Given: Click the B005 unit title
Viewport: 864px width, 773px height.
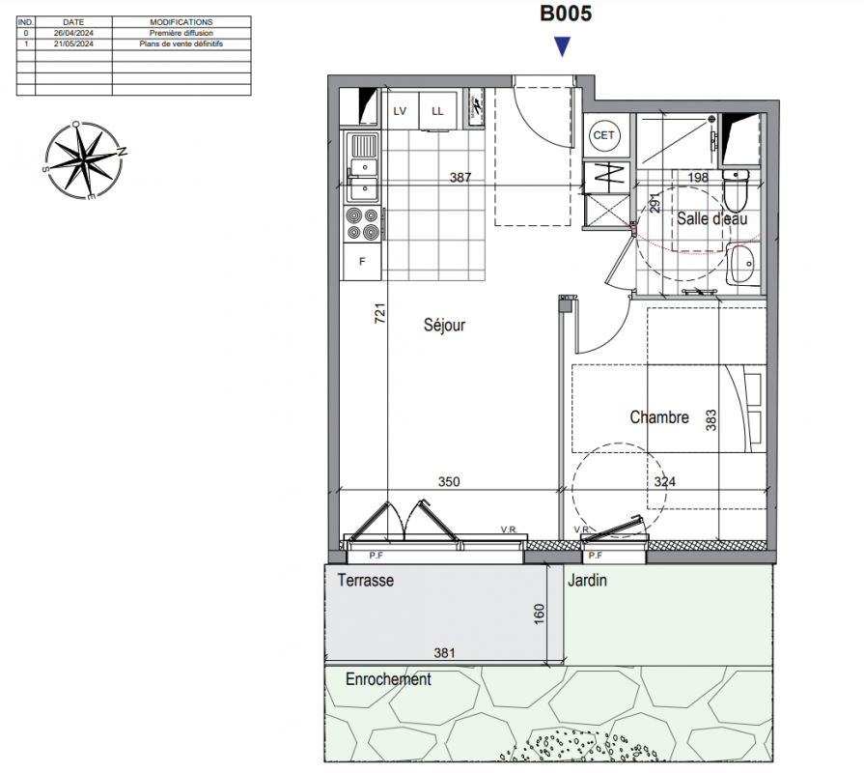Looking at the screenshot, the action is click(566, 14).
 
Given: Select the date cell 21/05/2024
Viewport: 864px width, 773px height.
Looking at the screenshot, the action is click(73, 43).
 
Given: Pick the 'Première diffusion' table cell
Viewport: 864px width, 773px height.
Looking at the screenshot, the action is click(181, 33).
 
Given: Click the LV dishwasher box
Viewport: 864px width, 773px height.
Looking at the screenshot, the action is click(400, 111).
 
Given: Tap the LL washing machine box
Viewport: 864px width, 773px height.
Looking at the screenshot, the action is click(437, 111).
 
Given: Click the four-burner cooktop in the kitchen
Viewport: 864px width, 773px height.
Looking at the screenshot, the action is click(362, 223).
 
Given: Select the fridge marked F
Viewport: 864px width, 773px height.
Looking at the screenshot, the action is click(362, 261).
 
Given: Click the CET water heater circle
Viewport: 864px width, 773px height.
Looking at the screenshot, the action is click(604, 135).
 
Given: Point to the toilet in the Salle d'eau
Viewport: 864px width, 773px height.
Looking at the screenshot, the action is click(736, 189).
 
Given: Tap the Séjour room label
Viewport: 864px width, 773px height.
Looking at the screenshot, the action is click(444, 325).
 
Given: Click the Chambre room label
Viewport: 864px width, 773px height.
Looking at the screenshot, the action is click(659, 416).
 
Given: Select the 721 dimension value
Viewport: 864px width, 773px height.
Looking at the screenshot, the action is click(379, 313).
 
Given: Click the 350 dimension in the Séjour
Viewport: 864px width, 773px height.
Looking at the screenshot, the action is click(449, 481).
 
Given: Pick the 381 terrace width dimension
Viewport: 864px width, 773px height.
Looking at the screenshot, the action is click(444, 653).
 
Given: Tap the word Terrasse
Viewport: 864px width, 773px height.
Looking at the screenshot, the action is click(365, 580).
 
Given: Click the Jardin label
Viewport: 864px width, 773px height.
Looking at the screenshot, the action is click(587, 580).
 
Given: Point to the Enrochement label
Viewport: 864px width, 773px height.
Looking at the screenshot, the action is click(388, 678).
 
